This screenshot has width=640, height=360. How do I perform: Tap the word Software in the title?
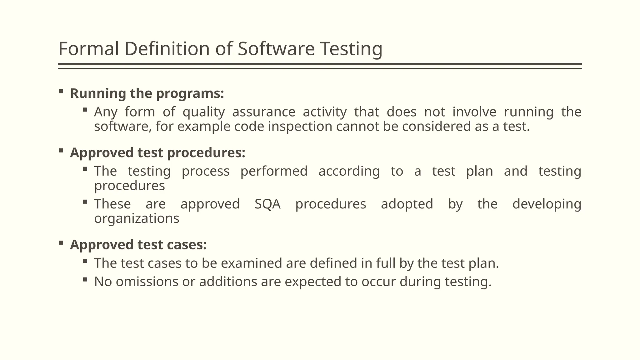click(x=276, y=49)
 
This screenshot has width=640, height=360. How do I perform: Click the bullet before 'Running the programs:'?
click(x=61, y=92)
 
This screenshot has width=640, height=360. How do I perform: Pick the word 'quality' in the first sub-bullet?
click(x=203, y=112)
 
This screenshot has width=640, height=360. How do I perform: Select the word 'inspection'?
click(x=300, y=127)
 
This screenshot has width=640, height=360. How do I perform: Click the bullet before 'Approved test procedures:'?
click(x=61, y=151)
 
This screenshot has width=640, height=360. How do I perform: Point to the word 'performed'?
click(x=274, y=171)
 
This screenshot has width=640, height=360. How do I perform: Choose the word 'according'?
click(x=349, y=171)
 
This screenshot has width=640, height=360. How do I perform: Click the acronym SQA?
click(x=267, y=204)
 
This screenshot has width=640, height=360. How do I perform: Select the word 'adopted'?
click(x=407, y=204)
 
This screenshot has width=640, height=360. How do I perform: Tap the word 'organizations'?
click(x=137, y=218)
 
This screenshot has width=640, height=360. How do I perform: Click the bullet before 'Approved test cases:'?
click(x=61, y=243)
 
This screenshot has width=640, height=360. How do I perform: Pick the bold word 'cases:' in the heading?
click(x=187, y=245)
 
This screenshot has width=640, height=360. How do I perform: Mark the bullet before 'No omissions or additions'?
click(x=85, y=280)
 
